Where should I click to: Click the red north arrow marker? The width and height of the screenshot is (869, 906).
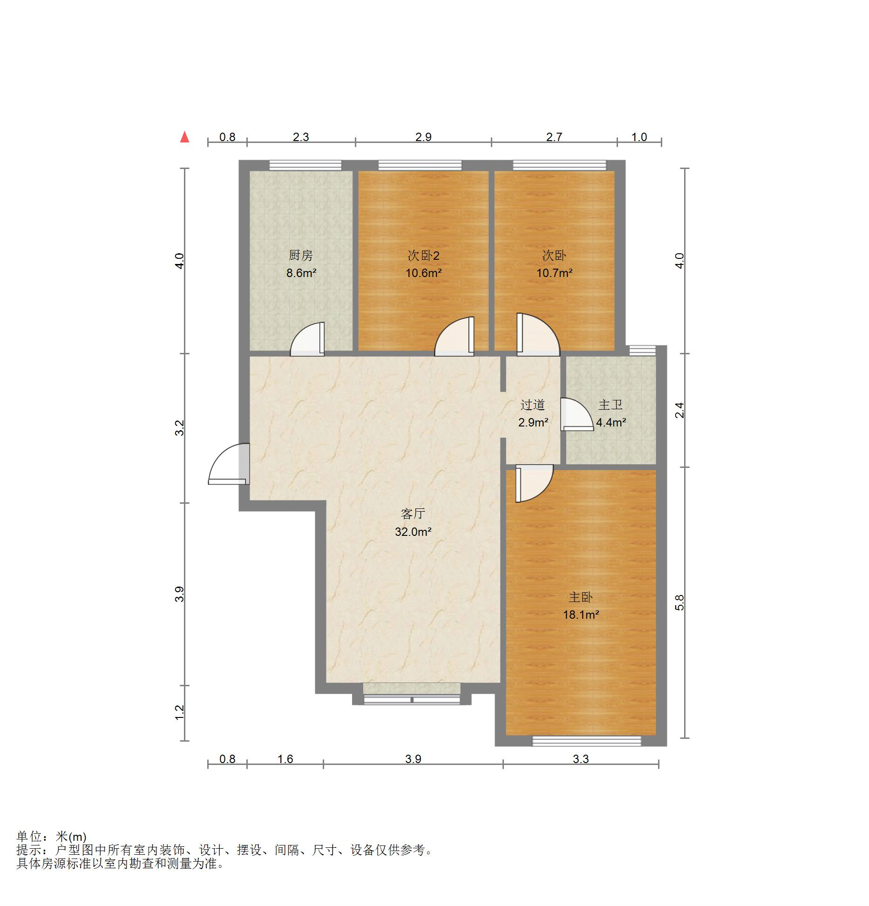point(185,137)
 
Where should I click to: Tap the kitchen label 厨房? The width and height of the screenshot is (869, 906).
point(300,255)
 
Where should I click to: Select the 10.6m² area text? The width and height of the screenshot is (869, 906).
point(423,273)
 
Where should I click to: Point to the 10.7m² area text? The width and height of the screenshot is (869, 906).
point(554,273)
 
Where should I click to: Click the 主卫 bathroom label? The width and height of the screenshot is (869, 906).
point(611,405)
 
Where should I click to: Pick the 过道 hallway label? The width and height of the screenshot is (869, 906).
point(533,405)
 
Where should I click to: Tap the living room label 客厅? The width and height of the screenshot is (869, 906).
point(413,514)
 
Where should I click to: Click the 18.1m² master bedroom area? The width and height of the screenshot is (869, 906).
point(581,615)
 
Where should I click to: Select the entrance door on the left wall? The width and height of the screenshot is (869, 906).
point(229,464)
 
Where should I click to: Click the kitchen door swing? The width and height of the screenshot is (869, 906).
point(307,339)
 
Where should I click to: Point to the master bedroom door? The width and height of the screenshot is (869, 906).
point(534,484)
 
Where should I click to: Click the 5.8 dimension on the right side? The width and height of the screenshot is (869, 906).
point(679,603)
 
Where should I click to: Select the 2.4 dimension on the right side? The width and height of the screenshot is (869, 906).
point(679,410)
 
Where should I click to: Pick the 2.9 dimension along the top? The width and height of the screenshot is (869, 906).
point(423,137)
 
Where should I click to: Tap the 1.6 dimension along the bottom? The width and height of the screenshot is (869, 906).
point(285,759)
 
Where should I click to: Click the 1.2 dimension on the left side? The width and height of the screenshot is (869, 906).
point(180,712)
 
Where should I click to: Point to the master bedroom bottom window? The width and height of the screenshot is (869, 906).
point(587,741)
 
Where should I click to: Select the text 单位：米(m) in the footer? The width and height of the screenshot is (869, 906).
point(51,837)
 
